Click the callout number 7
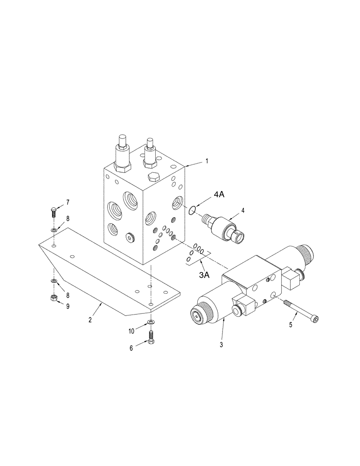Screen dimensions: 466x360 point(68,202)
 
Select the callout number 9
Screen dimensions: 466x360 point(68,306)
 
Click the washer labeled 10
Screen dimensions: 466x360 point(150,322)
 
